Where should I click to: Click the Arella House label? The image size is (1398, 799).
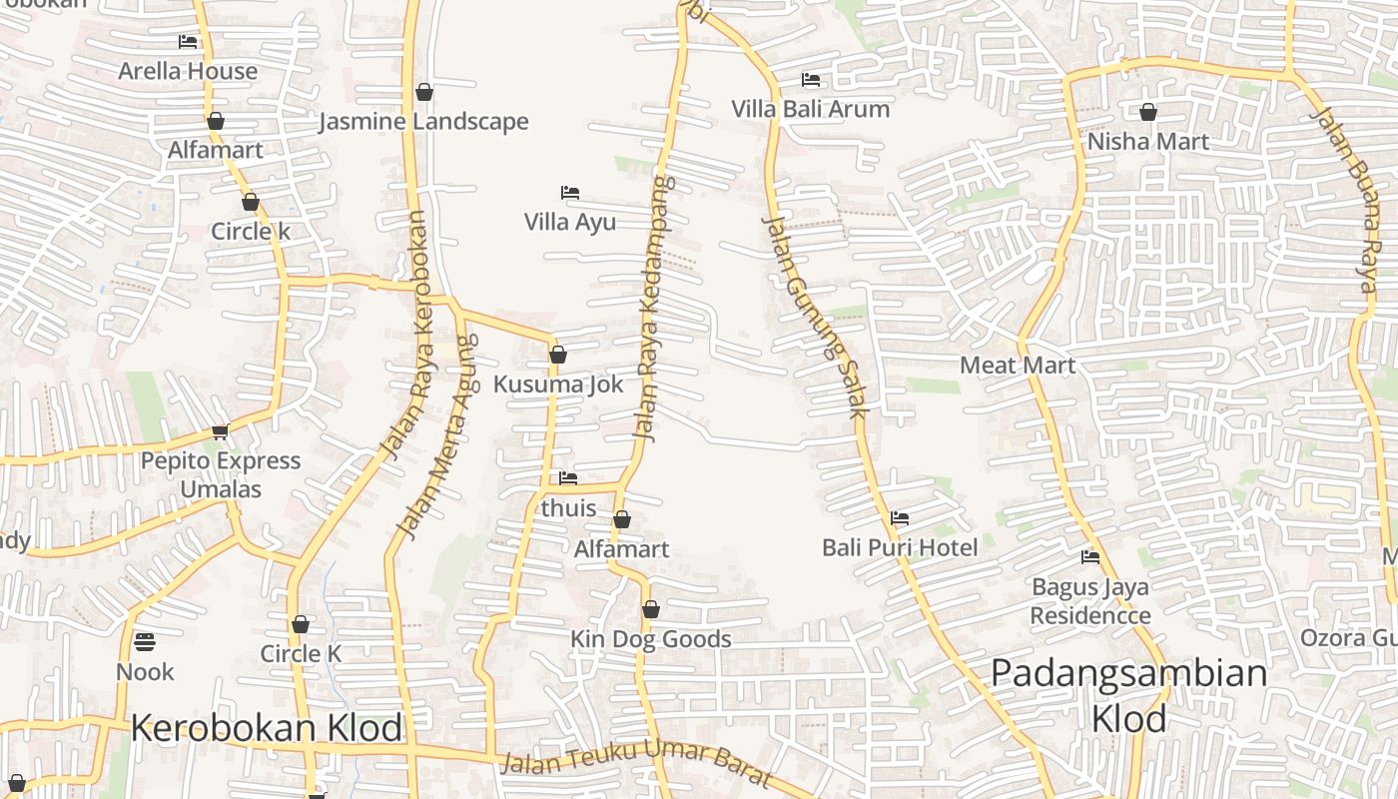188,71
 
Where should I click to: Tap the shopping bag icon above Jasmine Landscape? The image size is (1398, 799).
424,93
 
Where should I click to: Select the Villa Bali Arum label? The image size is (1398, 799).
810,109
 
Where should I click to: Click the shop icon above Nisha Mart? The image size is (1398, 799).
1148,112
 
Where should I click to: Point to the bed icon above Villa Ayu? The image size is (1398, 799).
570,193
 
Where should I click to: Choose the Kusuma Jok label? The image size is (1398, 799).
558,385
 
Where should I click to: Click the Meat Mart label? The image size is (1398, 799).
1018,366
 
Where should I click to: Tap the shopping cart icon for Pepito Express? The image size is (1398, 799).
220,432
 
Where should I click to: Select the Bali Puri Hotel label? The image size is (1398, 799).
900,548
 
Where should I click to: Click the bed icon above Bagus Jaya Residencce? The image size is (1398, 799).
1090,557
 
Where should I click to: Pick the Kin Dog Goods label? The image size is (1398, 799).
651,639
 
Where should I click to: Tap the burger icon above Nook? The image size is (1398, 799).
145,641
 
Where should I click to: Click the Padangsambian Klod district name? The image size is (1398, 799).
1128,695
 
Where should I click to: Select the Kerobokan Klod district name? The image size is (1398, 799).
267,729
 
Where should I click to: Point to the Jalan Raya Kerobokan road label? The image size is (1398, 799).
405,336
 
